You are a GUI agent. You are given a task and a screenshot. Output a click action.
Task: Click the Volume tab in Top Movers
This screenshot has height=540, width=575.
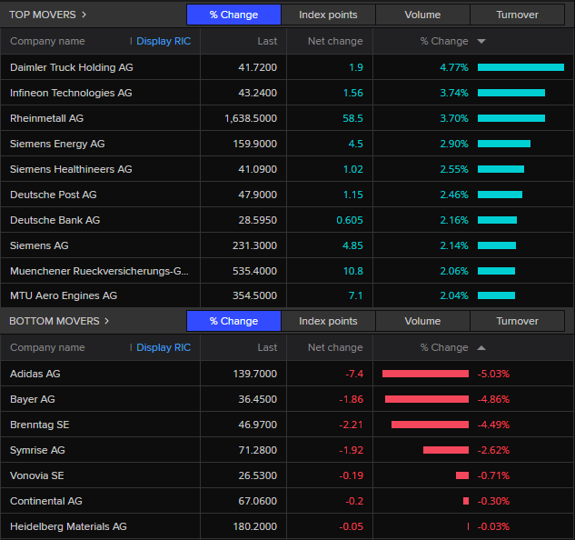point(422,15)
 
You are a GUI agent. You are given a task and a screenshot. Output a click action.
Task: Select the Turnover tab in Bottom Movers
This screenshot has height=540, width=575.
point(517,321)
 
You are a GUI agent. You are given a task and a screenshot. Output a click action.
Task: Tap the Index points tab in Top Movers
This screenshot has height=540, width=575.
point(328,15)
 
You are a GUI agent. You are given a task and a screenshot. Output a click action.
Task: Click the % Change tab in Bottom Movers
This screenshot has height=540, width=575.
point(233,321)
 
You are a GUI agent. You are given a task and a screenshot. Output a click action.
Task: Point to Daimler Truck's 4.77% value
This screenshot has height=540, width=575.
point(453,67)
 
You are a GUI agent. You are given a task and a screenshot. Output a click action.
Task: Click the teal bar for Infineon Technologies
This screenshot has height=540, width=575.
point(511,93)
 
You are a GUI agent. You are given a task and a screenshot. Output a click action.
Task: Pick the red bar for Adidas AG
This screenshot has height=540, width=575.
point(425,374)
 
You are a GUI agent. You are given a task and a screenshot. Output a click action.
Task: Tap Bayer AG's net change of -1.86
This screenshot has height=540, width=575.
point(351,399)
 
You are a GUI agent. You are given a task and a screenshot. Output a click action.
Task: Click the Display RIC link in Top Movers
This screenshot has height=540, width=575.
point(164,41)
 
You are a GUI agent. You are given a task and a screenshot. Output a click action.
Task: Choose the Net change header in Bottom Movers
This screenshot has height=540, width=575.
point(335,347)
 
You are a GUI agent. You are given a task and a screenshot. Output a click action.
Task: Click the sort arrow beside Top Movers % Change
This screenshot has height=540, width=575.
point(481,41)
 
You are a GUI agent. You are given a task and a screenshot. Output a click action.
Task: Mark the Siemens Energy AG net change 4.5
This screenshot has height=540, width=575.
point(356,144)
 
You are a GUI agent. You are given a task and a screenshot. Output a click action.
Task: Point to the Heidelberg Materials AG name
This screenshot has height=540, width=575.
point(68,526)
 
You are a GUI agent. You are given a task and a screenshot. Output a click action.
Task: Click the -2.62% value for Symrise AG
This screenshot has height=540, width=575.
point(493,450)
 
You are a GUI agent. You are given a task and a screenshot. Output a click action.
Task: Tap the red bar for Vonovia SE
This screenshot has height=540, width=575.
point(462,475)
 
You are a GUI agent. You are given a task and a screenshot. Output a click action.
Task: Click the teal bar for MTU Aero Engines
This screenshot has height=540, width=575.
point(496,295)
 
